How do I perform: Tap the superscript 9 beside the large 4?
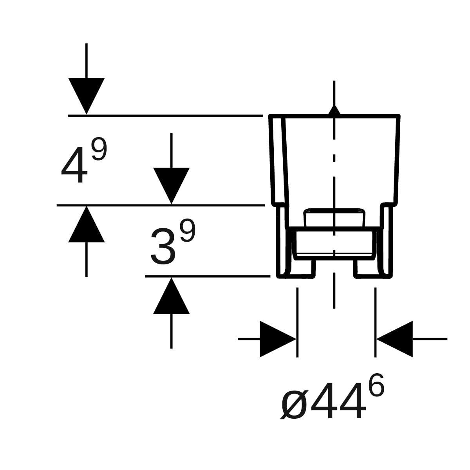(99, 149)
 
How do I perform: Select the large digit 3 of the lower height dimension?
(163, 246)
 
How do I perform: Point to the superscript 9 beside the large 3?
(188, 230)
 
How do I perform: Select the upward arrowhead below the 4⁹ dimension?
(86, 224)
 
